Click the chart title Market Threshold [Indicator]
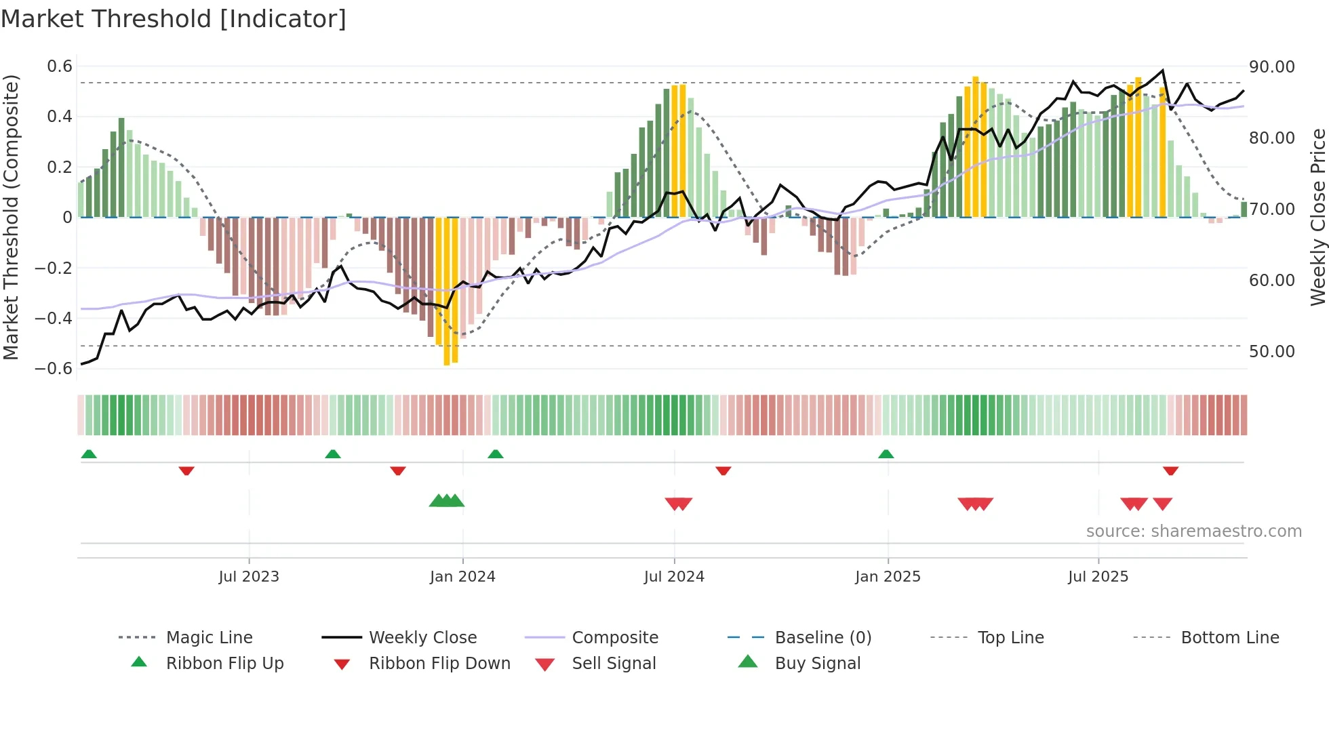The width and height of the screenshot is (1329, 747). click(174, 19)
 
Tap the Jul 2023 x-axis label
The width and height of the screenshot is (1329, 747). click(249, 577)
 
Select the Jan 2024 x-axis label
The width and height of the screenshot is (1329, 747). click(462, 577)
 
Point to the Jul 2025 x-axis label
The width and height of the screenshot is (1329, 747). click(1098, 577)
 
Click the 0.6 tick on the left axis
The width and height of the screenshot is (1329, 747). click(60, 66)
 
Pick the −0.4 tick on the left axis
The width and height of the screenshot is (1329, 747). click(54, 318)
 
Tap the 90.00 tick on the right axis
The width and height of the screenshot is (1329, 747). click(1272, 67)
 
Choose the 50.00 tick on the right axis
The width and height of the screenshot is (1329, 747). click(1272, 352)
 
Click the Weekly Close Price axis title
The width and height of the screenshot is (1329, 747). click(1317, 217)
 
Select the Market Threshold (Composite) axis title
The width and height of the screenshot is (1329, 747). click(11, 217)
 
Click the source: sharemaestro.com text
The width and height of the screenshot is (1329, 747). click(1193, 531)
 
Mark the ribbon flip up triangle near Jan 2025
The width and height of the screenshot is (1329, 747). click(886, 454)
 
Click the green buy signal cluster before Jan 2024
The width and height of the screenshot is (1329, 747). click(447, 501)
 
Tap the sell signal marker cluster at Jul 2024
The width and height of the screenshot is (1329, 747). click(678, 504)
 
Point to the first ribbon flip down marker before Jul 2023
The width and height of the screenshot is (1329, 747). click(186, 470)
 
